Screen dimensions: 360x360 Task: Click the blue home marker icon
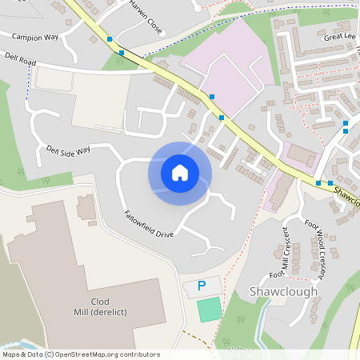click(180, 172)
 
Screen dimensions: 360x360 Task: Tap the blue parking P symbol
click(202, 286)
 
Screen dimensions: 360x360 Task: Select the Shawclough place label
click(284, 291)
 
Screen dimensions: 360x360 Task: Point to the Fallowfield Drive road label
click(148, 225)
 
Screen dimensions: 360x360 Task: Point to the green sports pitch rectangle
click(209, 309)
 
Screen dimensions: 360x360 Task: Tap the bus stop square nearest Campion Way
click(110, 38)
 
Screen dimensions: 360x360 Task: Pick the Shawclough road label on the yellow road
click(346, 195)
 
